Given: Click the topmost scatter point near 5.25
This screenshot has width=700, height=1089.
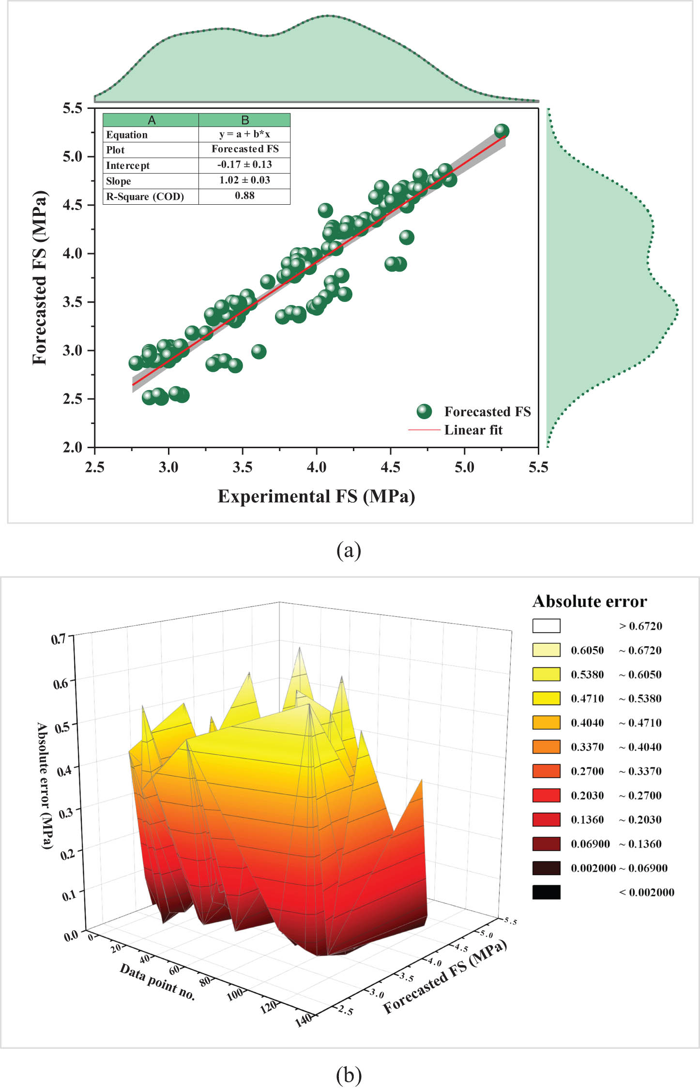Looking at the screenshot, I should (x=502, y=131).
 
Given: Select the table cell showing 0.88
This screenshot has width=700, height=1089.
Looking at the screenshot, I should (x=244, y=196).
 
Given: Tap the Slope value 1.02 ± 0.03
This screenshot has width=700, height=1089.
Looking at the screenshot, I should (x=244, y=180).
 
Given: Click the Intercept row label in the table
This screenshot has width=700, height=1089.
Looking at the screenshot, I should (x=128, y=166).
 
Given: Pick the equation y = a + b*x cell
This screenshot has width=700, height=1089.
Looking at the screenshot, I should (x=244, y=134).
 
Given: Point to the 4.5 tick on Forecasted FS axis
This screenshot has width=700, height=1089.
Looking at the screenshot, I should (x=73, y=205).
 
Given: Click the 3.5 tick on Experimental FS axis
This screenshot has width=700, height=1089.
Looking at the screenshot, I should (x=242, y=467).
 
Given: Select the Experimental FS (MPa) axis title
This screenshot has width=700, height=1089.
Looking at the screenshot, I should (x=316, y=497).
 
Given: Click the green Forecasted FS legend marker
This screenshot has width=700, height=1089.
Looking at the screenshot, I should (x=424, y=411).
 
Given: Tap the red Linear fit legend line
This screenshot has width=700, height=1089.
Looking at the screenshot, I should (x=424, y=430).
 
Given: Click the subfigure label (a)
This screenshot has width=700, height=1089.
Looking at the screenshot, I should (x=349, y=550).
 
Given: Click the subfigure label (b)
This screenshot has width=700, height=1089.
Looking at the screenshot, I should (x=349, y=1075).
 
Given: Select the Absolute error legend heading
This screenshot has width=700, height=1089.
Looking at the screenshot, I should (x=590, y=601).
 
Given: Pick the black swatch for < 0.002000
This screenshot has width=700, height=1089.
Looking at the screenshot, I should (x=546, y=892).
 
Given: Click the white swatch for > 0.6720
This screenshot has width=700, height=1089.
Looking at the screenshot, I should (x=546, y=626).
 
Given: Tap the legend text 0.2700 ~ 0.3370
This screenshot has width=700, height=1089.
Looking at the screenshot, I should (x=616, y=771).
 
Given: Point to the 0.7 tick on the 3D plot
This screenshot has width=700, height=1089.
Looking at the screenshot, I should (x=59, y=639).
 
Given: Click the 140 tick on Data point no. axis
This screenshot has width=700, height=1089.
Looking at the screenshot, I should (x=304, y=1020).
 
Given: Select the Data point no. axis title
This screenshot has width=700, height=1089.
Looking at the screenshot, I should (x=157, y=982).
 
